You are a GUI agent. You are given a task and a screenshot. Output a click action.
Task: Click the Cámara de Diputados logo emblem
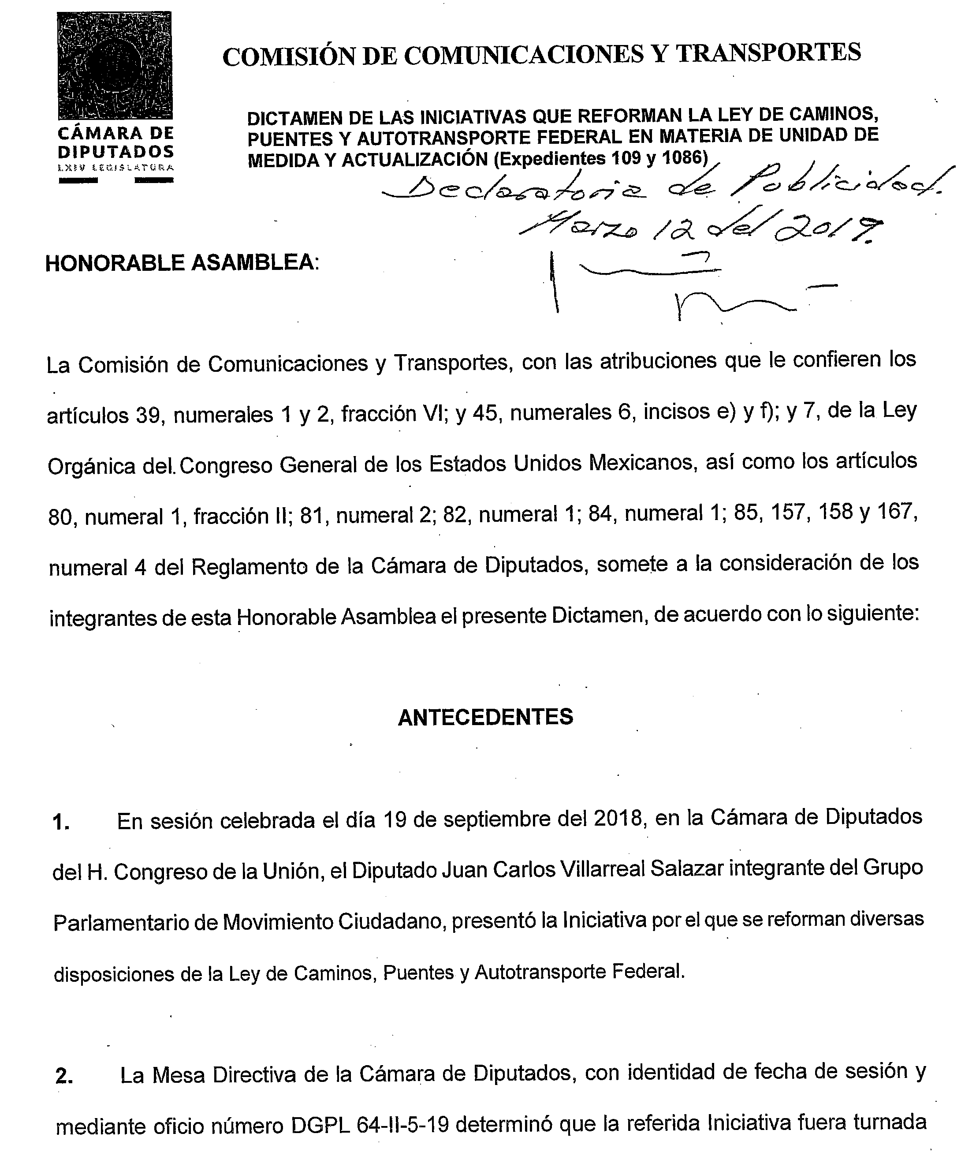[115, 65]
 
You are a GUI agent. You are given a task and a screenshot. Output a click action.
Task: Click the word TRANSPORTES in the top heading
[768, 53]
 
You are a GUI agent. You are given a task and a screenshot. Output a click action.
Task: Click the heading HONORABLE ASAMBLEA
[182, 263]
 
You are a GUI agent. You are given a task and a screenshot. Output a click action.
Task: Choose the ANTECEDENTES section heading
[485, 718]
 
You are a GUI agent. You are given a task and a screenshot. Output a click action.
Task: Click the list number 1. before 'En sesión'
[60, 824]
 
